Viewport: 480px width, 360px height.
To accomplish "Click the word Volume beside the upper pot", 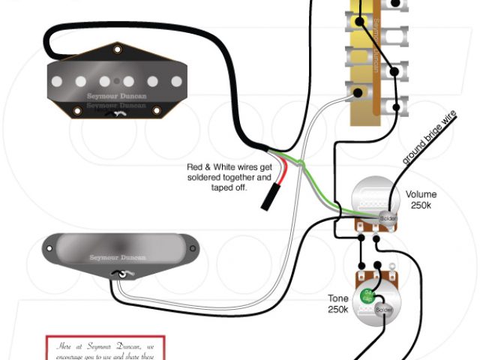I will click(421, 194).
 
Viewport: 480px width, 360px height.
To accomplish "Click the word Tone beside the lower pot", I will click(337, 297).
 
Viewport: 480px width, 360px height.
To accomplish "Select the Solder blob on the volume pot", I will click(387, 217).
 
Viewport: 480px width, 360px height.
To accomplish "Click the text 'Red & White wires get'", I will click(229, 167).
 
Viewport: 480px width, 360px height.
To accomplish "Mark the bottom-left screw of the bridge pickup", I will click(77, 112).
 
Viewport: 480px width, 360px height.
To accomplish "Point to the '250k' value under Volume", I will click(421, 205).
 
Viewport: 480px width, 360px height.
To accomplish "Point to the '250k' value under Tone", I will click(337, 308).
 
